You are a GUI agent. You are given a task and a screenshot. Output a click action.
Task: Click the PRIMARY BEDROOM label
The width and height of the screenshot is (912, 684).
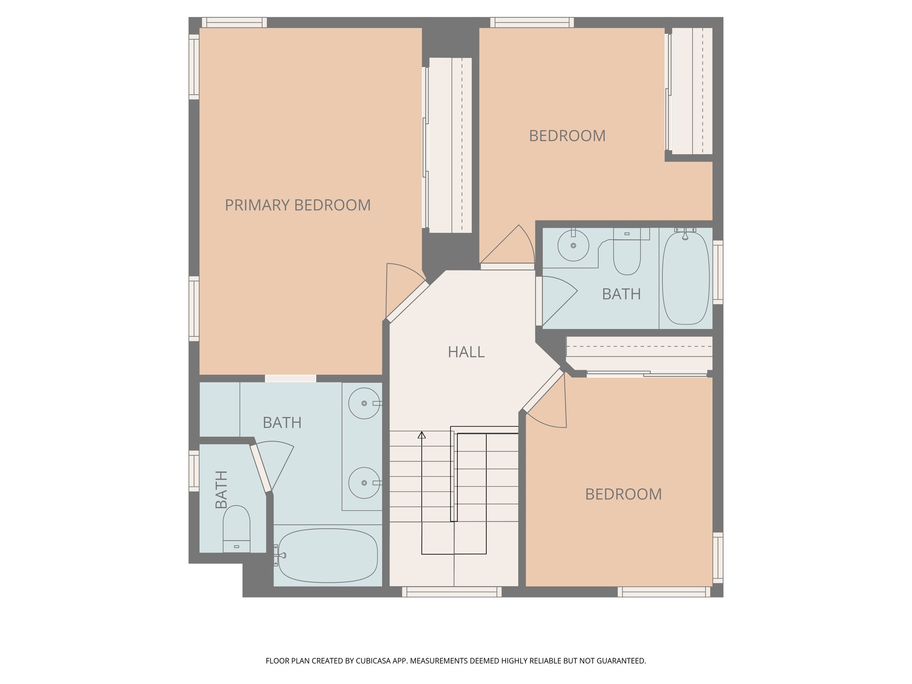click(297, 205)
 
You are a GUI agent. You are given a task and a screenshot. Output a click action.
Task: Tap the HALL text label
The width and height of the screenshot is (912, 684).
click(466, 352)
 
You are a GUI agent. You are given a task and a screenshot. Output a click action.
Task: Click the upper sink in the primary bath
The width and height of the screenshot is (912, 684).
click(364, 403)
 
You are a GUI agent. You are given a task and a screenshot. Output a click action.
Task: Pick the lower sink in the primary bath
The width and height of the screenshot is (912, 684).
click(364, 483)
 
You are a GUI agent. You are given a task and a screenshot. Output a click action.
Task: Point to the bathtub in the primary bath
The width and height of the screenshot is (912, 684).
click(328, 556)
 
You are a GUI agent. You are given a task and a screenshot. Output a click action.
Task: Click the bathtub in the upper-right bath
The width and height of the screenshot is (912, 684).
click(686, 278)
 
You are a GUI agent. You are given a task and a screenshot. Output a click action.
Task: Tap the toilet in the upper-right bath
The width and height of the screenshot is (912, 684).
click(627, 254)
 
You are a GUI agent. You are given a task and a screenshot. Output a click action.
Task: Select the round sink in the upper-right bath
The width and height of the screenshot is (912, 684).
click(573, 245)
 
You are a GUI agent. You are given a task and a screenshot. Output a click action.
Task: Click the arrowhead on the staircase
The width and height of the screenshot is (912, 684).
click(422, 435)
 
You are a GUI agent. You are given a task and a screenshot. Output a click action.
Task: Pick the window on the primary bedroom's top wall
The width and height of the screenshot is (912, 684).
click(234, 22)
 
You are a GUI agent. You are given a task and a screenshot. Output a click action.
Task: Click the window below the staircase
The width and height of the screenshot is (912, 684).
click(452, 592)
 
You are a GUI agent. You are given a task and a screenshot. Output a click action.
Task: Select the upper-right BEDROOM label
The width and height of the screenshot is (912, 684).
click(567, 136)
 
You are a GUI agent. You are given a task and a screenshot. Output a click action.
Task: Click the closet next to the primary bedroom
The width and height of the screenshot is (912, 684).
click(450, 145)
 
